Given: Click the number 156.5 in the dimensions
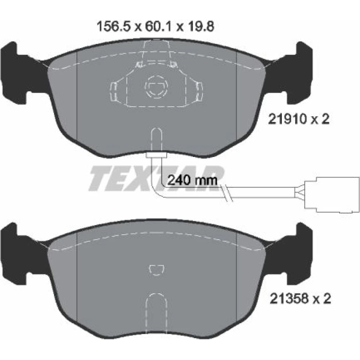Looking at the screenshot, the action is pos(114,27).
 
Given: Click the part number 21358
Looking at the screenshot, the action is pos(289,299).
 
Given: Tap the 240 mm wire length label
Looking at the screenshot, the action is pos(192,180).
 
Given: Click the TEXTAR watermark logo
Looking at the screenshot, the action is pos(156,179).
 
